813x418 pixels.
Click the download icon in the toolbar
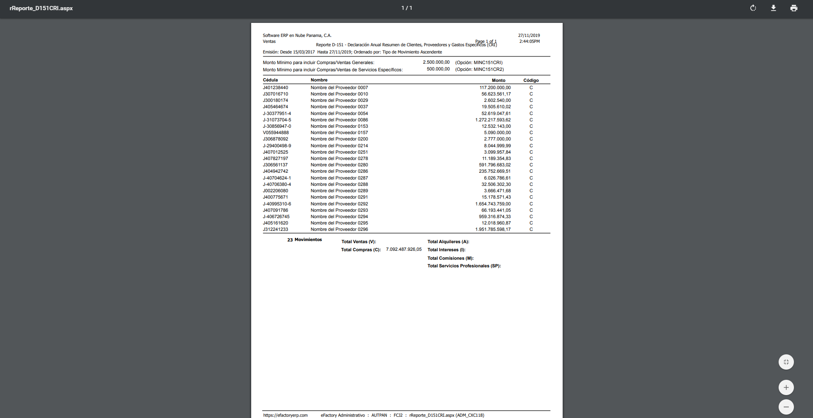[x=774, y=8]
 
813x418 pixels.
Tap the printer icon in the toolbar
[x=794, y=8]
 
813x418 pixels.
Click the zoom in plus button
[x=786, y=387]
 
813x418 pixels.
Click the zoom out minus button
[x=786, y=407]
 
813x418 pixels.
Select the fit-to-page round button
[x=786, y=362]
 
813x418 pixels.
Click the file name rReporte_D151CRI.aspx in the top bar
[x=41, y=8]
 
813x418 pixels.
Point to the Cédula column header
[x=270, y=80]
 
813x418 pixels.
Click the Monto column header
[x=499, y=80]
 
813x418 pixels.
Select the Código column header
[x=531, y=80]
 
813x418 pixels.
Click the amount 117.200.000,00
[x=495, y=88]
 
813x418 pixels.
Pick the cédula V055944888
[x=276, y=133]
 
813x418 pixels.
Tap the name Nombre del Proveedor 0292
[x=339, y=204]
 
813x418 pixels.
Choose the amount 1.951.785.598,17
[x=493, y=230]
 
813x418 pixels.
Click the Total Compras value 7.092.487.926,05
[x=404, y=250]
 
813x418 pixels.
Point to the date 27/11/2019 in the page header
[x=529, y=36]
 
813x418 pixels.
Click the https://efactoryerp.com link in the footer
[x=286, y=415]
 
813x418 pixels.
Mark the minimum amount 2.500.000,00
[x=436, y=62]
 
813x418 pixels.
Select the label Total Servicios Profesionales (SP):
[x=464, y=266]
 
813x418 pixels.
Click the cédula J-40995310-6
[x=277, y=204]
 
